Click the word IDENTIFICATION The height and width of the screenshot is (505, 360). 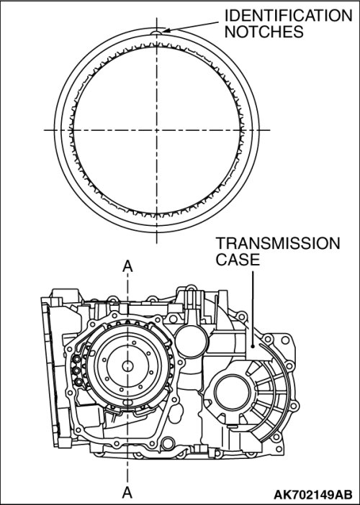click(x=289, y=15)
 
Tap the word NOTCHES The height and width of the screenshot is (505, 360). click(x=264, y=32)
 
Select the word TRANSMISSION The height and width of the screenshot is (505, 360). click(x=278, y=243)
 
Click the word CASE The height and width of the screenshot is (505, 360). click(x=238, y=260)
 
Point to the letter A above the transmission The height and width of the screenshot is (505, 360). click(x=127, y=267)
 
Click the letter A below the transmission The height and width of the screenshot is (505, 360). click(x=127, y=492)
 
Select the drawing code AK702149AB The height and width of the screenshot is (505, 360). click(x=313, y=494)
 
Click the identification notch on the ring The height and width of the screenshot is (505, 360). click(x=157, y=32)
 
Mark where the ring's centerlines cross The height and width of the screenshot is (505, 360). click(x=157, y=130)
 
